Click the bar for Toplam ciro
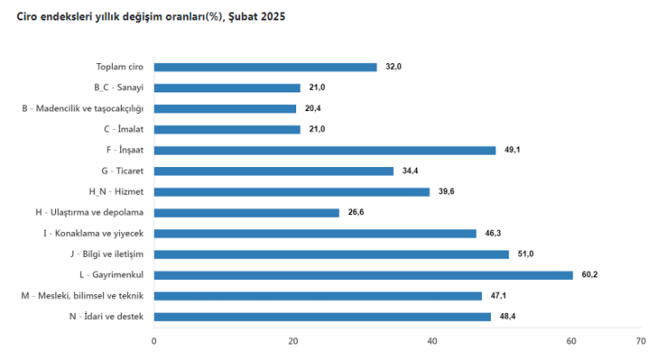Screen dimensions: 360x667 (x=265, y=67)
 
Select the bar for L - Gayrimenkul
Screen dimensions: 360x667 (x=363, y=275)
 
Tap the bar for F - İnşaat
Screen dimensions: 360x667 (x=325, y=150)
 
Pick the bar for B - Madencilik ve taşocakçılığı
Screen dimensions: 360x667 (x=225, y=108)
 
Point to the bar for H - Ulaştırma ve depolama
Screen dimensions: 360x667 (x=246, y=212)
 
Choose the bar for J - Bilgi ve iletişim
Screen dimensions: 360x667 (x=331, y=254)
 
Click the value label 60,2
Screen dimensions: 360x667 (x=590, y=275)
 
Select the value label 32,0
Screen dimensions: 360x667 (x=393, y=67)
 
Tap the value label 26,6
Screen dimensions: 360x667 (x=356, y=212)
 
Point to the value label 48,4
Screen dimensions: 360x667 (x=507, y=316)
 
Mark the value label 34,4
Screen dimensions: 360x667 (x=410, y=171)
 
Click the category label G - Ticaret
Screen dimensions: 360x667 (x=123, y=171)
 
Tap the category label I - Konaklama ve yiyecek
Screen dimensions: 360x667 (x=93, y=233)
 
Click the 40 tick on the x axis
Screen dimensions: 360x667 (x=432, y=340)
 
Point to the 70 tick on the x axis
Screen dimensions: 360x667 (x=640, y=340)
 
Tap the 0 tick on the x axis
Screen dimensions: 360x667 (x=154, y=340)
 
